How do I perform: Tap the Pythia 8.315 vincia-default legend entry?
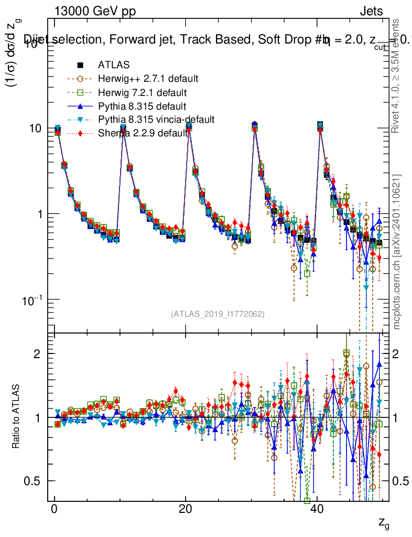156,120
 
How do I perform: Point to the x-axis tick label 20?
185,510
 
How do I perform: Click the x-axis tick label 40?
317,510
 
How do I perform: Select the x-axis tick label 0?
54,510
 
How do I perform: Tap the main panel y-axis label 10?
39,128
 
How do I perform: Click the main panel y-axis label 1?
42,214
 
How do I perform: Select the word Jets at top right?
371,11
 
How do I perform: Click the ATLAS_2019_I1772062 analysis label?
218,314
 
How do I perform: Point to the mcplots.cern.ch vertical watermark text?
397,252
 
